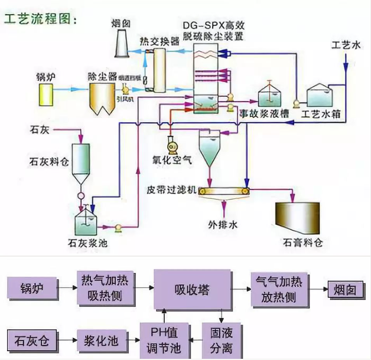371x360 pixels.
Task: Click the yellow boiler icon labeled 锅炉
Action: [x=46, y=93]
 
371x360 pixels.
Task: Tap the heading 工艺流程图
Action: [x=40, y=18]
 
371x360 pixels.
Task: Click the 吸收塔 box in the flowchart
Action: [x=192, y=289]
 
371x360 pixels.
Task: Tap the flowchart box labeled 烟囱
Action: [x=345, y=289]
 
